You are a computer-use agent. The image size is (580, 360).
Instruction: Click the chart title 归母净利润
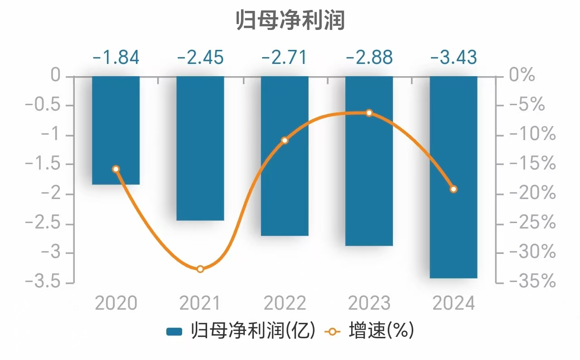coord(290,21)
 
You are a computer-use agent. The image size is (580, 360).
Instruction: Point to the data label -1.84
coord(116,58)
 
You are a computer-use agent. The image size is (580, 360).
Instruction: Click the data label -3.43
coord(454,58)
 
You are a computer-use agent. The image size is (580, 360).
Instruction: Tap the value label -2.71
coord(285,58)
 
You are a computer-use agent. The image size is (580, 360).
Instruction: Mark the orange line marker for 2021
coord(200,269)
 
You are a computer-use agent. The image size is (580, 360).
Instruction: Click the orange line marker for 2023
coord(369,113)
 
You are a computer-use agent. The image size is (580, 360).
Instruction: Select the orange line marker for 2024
coord(454,189)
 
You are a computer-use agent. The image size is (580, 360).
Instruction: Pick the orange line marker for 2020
coord(116,169)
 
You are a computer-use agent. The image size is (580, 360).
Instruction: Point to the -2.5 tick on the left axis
coord(43,224)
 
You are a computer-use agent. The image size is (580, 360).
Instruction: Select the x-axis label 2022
coord(285,303)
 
